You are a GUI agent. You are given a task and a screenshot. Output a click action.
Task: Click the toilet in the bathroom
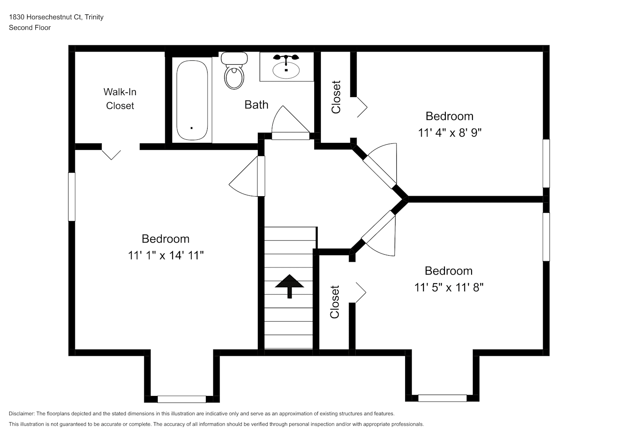pyautogui.click(x=234, y=71)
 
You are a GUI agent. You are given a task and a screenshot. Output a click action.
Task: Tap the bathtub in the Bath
pyautogui.click(x=192, y=100)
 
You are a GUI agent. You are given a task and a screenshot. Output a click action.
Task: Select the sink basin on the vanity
pyautogui.click(x=286, y=70)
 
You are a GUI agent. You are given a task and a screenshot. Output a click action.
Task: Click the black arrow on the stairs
pyautogui.click(x=289, y=286)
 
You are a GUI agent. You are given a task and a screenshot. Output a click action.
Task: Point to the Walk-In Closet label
pyautogui.click(x=120, y=99)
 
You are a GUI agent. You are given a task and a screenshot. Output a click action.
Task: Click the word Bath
pyautogui.click(x=256, y=105)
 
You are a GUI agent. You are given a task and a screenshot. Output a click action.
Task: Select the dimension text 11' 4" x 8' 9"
pyautogui.click(x=450, y=133)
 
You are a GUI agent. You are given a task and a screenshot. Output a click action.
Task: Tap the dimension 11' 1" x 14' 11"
pyautogui.click(x=166, y=256)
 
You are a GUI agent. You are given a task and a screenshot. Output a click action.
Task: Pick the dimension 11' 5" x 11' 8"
pyautogui.click(x=449, y=288)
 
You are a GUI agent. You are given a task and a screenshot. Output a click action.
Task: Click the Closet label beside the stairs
pyautogui.click(x=335, y=302)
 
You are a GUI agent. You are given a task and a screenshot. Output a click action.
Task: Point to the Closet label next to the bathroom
pyautogui.click(x=336, y=97)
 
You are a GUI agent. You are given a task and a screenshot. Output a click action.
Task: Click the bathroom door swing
pyautogui.click(x=291, y=122)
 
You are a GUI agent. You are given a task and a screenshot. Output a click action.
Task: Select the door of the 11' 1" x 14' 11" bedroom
pyautogui.click(x=247, y=176)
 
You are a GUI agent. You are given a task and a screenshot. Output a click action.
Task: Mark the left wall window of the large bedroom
pyautogui.click(x=72, y=197)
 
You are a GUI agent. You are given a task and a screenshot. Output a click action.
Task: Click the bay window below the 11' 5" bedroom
pyautogui.click(x=442, y=398)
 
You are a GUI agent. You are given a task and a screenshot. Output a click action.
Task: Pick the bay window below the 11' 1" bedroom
pyautogui.click(x=182, y=399)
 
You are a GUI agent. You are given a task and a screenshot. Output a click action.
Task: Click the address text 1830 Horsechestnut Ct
pyautogui.click(x=45, y=17)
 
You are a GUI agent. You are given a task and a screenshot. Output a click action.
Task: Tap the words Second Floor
pyautogui.click(x=30, y=28)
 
